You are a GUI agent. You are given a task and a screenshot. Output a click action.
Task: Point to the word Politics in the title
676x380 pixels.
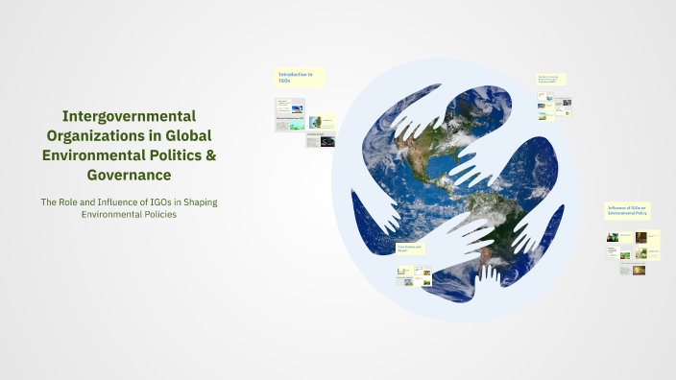coord(182,155)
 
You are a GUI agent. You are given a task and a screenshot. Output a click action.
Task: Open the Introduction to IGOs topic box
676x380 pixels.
coord(300,77)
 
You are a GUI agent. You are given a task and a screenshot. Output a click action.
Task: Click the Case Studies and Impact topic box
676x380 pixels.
coord(412,249)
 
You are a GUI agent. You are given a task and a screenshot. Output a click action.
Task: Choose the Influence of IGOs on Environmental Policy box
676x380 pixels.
coord(629,211)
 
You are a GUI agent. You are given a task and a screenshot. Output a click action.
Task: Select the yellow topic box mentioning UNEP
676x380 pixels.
coord(551,80)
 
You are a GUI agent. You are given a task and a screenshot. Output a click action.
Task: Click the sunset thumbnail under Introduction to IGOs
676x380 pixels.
coord(327,141)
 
